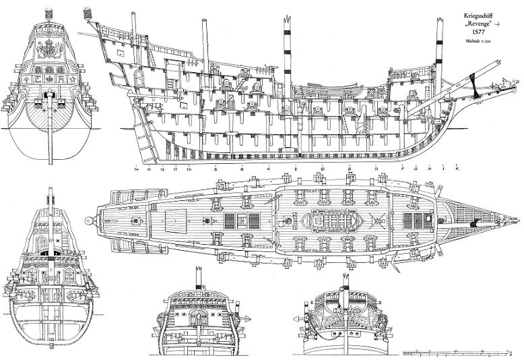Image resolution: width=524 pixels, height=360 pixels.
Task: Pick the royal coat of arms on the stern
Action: pyautogui.click(x=48, y=49)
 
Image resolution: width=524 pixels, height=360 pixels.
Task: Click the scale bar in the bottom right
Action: pyautogui.click(x=459, y=352)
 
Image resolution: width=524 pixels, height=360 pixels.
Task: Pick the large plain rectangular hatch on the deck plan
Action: pyautogui.click(x=173, y=220)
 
